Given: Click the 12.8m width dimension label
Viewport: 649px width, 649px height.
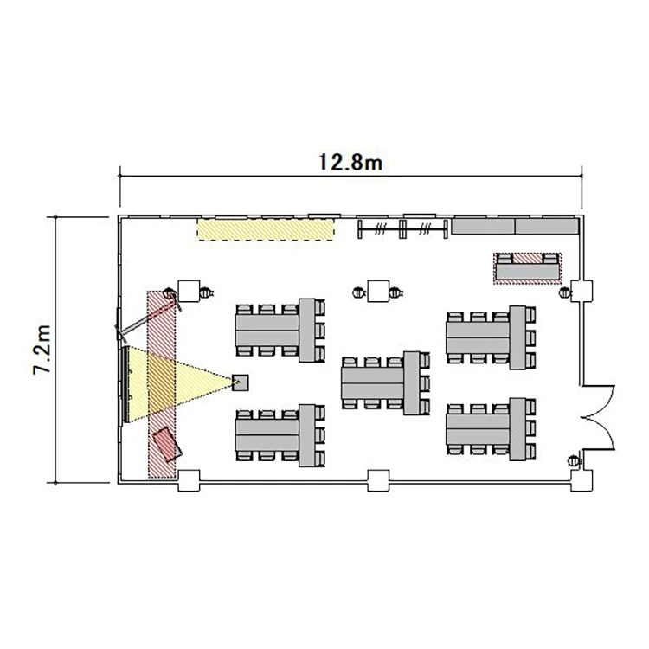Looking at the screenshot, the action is point(350,162).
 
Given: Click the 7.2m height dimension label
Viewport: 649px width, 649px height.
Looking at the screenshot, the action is point(42,350).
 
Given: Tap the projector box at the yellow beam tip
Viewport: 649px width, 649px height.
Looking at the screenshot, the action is point(240,382).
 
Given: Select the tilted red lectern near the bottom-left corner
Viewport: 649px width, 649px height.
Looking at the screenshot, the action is point(167,444).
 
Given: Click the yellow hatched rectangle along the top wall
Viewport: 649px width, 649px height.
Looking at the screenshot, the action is point(266,229).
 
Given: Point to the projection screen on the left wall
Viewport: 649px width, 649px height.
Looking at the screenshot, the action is point(125,385).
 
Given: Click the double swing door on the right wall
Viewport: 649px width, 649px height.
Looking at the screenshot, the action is point(598,417).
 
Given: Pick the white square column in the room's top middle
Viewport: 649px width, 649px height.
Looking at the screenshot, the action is point(378,291).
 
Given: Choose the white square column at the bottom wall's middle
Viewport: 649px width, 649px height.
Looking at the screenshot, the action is point(378,480).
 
